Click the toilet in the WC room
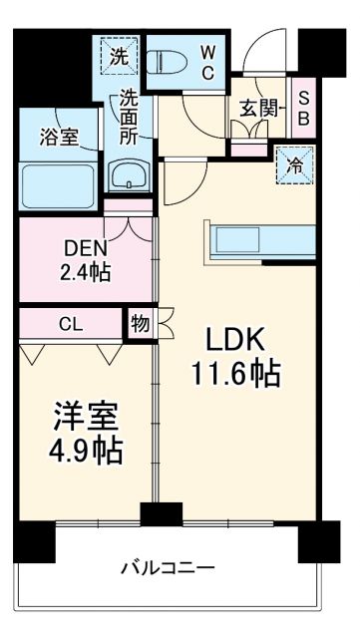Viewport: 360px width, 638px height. point(171,63)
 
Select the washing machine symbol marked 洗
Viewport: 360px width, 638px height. point(120,57)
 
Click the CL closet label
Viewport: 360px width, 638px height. point(70,323)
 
